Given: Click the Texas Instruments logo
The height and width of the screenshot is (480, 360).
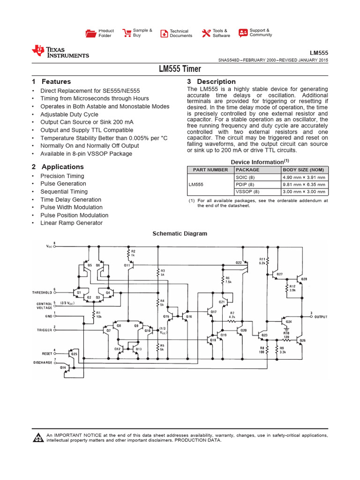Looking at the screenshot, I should tap(60, 52).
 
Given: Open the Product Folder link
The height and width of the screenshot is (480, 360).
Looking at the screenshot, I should tap(105, 33).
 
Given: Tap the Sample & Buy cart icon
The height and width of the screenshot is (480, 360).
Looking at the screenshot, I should tap(127, 33).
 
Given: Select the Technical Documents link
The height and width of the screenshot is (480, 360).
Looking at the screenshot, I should tap(180, 33).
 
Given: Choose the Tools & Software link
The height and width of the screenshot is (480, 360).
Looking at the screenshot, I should tap(221, 33).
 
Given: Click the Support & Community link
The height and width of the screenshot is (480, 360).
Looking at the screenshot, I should tap(260, 32).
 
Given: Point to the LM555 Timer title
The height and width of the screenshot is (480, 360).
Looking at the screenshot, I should tap(180, 69).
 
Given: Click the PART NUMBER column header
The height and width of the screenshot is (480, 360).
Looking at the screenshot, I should tap(202, 170).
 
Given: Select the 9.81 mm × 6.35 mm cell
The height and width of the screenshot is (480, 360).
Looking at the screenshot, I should tap(303, 185).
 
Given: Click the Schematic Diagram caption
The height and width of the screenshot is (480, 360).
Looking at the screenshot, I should tap(180, 233).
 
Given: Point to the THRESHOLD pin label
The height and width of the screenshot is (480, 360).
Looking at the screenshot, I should tap(42, 292).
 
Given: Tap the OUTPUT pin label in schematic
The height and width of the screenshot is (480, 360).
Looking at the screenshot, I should tap(321, 317).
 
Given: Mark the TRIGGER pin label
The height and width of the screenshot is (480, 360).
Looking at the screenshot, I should tap(45, 330).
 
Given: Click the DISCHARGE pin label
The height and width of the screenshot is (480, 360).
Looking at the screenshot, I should tap(42, 362).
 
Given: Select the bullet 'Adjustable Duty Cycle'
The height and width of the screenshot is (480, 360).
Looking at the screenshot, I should tap(69, 114).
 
